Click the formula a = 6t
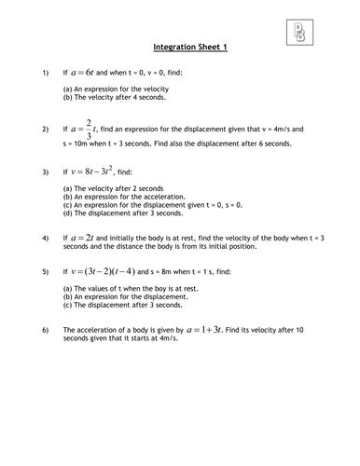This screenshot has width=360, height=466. click(91, 71)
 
